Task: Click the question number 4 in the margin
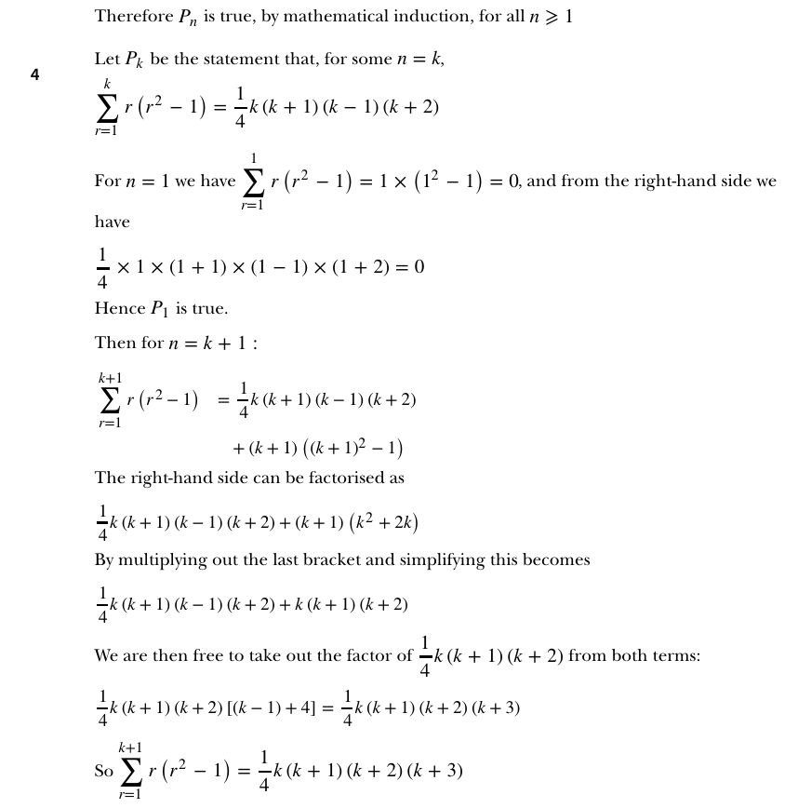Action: (35, 75)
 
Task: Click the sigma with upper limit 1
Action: (252, 182)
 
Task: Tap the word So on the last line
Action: (103, 772)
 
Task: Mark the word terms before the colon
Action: (673, 655)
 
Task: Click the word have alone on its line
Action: (112, 222)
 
